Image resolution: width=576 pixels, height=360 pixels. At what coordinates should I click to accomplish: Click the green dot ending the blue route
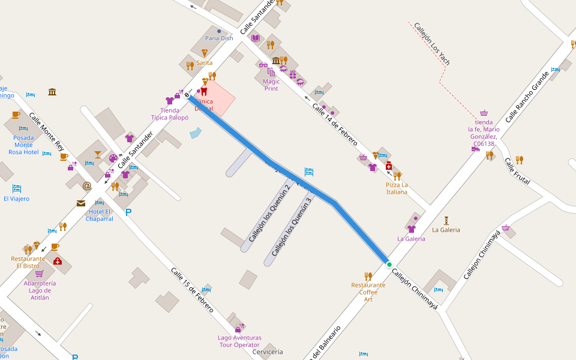(389, 265)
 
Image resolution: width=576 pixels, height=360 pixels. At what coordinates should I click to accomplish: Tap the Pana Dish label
(219, 38)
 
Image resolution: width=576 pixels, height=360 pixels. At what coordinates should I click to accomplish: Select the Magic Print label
(271, 85)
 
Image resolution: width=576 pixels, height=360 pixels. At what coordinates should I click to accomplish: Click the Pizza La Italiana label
(397, 188)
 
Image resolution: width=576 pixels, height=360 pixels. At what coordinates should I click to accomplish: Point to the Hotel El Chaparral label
(100, 215)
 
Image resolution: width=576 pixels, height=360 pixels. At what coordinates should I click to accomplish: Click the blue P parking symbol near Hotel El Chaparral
(128, 212)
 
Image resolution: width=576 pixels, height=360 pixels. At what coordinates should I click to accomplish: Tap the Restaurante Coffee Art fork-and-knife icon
(368, 275)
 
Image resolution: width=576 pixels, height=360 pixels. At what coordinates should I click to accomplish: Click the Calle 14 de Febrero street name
(334, 124)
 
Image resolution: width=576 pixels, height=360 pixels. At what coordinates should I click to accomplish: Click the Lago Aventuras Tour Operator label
(239, 341)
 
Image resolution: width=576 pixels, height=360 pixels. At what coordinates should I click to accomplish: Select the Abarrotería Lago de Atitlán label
(40, 290)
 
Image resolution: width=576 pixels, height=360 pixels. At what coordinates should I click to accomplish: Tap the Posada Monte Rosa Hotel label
(23, 145)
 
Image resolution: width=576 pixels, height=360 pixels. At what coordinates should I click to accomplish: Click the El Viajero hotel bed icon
(16, 188)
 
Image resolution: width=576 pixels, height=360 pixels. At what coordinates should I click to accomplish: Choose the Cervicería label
(268, 352)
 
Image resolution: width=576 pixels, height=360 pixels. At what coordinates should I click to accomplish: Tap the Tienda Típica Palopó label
(170, 114)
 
